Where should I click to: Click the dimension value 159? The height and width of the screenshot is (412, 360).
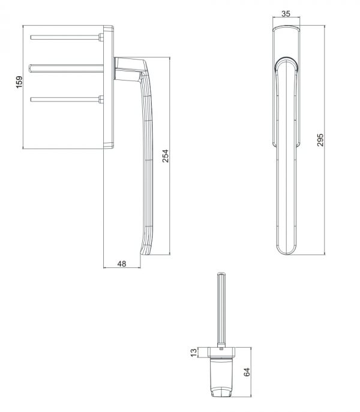click(x=19, y=82)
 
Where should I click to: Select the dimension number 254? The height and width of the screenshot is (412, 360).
click(x=166, y=156)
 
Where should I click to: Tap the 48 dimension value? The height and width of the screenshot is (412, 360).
click(x=122, y=264)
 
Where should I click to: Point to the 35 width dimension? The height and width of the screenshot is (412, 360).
click(x=286, y=14)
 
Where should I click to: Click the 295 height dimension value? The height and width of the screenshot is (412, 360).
click(x=320, y=140)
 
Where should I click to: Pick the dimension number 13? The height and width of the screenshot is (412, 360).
click(x=194, y=353)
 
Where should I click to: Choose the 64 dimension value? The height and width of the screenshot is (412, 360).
click(x=247, y=372)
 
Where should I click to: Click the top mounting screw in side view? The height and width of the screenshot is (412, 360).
click(x=65, y=37)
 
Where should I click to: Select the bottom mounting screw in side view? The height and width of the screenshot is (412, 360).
click(x=65, y=100)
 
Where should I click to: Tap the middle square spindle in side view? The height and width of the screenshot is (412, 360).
click(x=66, y=68)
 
